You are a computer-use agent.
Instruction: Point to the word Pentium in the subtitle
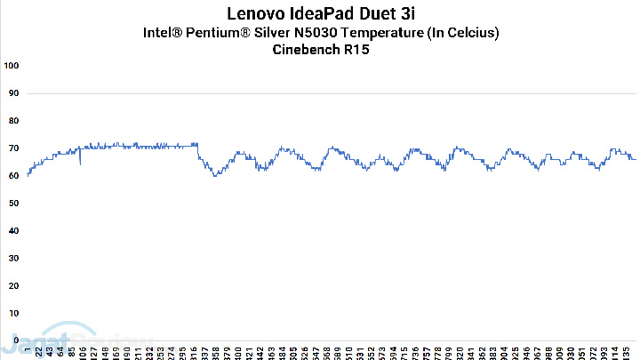[218, 33]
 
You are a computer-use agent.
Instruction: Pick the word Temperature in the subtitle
[384, 33]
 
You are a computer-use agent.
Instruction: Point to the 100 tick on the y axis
[12, 67]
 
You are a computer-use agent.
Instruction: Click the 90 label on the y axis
[13, 94]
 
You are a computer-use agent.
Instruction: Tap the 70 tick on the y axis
[13, 148]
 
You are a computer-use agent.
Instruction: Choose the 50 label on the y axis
[13, 204]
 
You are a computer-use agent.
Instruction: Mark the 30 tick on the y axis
[13, 259]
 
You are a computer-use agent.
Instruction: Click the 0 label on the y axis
[16, 340]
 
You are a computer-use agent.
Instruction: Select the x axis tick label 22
[38, 352]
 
